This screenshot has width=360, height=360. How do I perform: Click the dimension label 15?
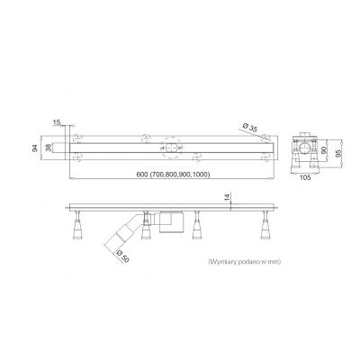coord(57,122)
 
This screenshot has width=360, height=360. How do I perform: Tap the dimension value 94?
coord(35,148)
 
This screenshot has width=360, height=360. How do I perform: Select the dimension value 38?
coord(48,148)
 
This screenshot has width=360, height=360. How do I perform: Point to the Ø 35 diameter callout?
coord(250,128)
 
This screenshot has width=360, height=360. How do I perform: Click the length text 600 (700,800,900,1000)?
coord(173,175)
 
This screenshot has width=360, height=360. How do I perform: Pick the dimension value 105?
coord(305,177)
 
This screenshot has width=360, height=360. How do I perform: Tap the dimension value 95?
coord(338,153)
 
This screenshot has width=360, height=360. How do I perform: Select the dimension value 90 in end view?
coord(324,150)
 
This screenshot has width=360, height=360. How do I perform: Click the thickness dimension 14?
coord(227,197)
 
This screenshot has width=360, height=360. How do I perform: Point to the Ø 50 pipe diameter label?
coord(122,256)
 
